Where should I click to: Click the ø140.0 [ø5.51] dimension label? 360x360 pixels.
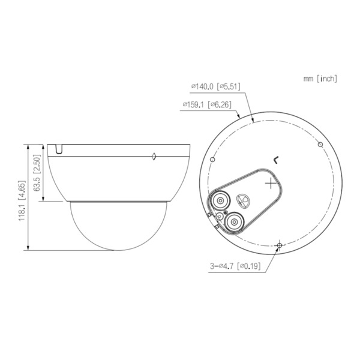point(215,86)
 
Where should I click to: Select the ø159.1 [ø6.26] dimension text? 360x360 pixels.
point(206,105)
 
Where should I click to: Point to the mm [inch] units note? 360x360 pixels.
point(320,78)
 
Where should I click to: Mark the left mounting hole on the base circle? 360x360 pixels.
point(214,160)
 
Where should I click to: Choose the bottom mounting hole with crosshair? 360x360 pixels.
point(279,245)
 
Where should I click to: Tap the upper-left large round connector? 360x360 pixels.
point(220,200)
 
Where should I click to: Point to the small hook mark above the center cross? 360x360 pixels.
point(275,160)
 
